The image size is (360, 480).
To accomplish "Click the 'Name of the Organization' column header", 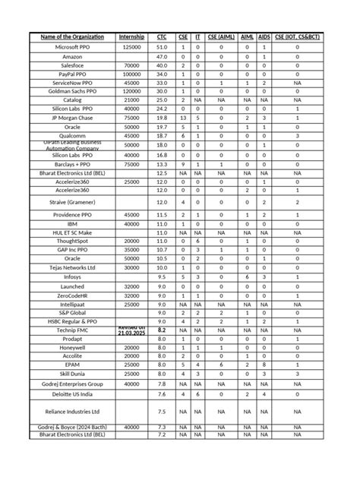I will click(73, 36).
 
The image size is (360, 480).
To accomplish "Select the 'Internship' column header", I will click(131, 36).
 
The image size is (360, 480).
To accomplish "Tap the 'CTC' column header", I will click(162, 36).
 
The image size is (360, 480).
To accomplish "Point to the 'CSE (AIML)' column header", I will click(221, 36).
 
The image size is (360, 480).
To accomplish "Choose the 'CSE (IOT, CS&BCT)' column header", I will click(297, 36).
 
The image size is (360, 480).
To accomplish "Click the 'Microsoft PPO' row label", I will click(73, 46).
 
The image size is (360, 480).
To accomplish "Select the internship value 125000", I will click(131, 46).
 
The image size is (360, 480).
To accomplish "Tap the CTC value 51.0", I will click(162, 46).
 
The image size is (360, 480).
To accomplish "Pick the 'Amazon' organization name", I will click(73, 56).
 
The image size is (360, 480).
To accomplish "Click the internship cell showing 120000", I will click(131, 90).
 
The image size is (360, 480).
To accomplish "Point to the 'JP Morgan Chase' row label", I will click(73, 118).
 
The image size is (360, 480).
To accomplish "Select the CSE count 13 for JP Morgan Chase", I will click(183, 118).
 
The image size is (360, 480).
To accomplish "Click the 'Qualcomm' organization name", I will click(73, 136).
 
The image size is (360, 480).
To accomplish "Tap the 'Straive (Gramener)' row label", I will click(73, 202).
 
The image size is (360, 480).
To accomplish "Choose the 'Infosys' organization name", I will click(73, 276).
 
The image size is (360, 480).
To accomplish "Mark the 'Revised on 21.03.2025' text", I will click(131, 331).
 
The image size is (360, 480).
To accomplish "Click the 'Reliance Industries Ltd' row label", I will click(73, 411).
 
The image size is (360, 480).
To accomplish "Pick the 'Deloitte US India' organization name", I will click(73, 393).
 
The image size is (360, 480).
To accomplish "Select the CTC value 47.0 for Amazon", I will click(162, 56).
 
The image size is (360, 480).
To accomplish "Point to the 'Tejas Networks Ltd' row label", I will click(73, 267).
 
